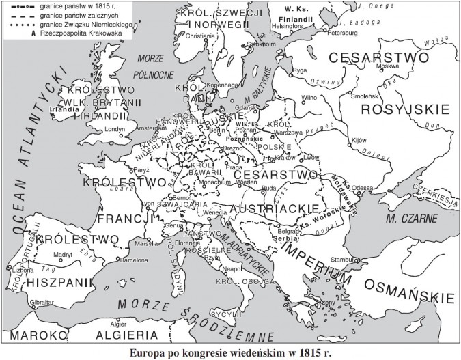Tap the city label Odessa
coord(363,187)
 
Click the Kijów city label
coord(359,139)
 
